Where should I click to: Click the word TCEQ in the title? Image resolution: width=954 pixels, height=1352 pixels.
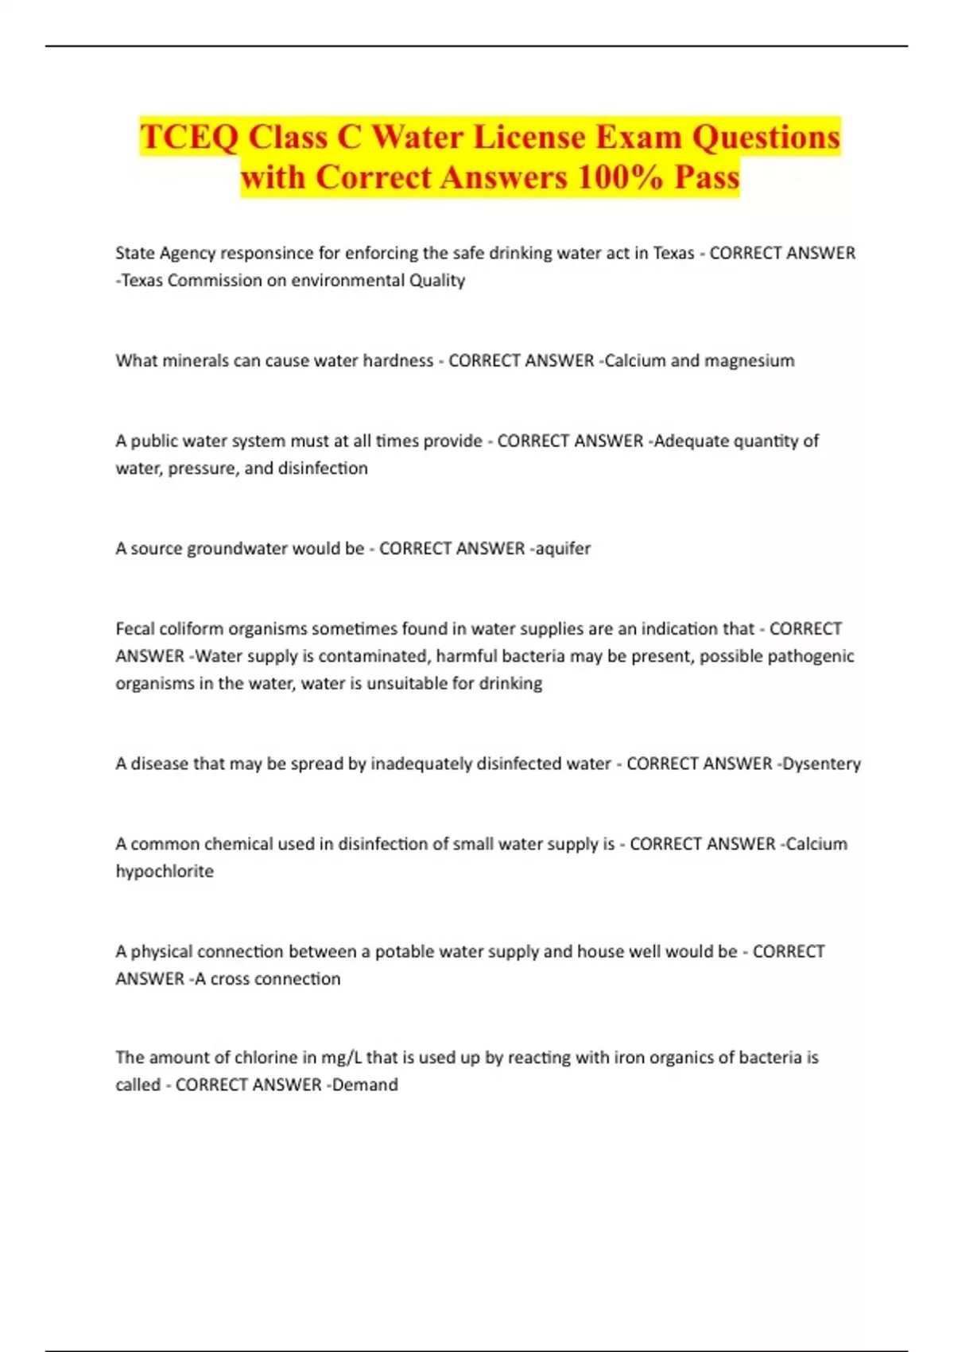coord(188,137)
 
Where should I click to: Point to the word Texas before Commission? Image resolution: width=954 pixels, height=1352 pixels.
coord(142,280)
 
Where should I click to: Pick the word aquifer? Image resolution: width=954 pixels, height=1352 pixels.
coord(563,548)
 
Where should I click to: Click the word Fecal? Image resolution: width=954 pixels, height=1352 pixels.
coord(135,628)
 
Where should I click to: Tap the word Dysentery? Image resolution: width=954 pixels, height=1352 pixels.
coord(822,763)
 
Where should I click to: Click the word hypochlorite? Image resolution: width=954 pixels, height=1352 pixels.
coord(165,871)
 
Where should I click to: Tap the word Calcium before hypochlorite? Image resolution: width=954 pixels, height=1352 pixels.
coord(816,843)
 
